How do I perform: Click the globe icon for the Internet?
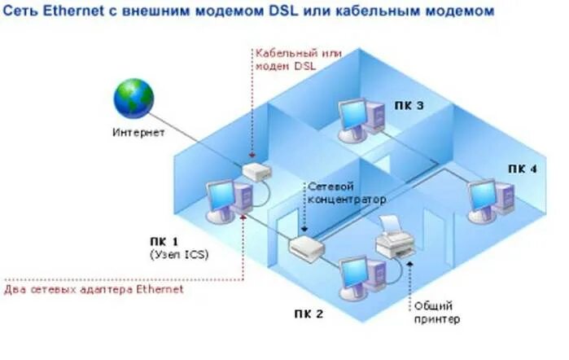tap(133, 97)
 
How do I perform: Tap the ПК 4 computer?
tap(492, 199)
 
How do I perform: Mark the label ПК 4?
tap(522, 169)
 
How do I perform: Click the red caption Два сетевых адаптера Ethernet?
tap(94, 289)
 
